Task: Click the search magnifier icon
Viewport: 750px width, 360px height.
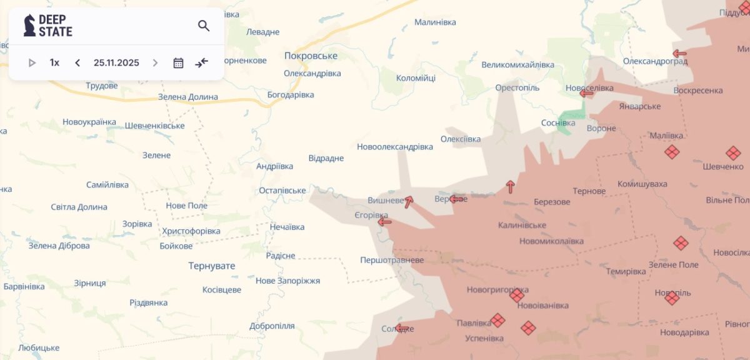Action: (204, 26)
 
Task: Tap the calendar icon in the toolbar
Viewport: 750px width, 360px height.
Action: (178, 62)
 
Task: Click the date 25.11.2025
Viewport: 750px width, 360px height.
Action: (116, 62)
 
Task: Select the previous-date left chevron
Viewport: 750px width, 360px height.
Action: (77, 62)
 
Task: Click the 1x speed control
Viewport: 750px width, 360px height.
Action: (54, 62)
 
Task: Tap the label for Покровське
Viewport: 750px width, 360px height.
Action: (311, 56)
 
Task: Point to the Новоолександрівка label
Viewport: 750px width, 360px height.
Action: (394, 147)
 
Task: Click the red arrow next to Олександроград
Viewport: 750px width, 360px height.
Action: (679, 54)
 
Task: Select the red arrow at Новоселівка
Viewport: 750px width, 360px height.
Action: (586, 93)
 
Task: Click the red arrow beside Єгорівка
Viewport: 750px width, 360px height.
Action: (384, 221)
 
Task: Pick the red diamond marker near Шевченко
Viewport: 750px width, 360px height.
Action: (733, 152)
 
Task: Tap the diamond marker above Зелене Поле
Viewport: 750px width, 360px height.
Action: (681, 243)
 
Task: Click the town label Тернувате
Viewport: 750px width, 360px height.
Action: (212, 266)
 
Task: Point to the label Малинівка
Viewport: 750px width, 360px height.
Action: (436, 22)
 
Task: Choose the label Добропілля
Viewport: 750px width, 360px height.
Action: (272, 326)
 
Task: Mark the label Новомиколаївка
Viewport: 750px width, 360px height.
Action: (551, 241)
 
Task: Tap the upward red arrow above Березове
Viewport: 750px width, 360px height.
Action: (510, 186)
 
